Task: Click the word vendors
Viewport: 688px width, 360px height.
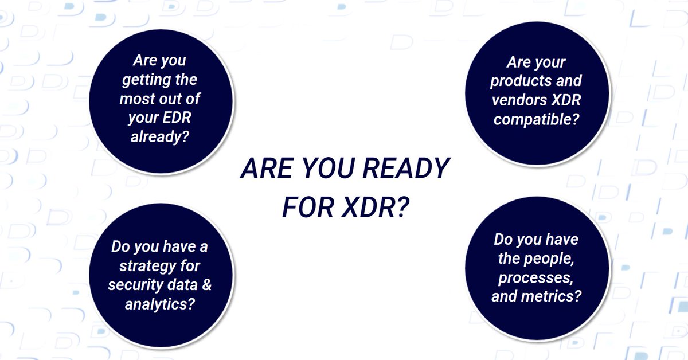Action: click(x=518, y=100)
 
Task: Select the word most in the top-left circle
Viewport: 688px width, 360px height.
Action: click(x=138, y=99)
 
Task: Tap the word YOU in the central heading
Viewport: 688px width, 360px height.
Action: click(x=322, y=170)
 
